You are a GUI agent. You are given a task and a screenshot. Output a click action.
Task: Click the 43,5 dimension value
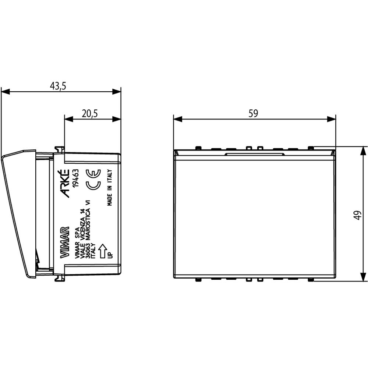pyautogui.click(x=58, y=86)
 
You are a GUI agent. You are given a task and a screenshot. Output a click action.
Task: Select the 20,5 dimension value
pyautogui.click(x=90, y=113)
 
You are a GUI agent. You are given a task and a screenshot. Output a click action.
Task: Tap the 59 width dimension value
pyautogui.click(x=253, y=113)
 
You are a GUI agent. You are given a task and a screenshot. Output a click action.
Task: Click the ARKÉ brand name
pyautogui.click(x=65, y=183)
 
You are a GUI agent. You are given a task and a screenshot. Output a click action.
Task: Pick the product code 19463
pyautogui.click(x=75, y=178)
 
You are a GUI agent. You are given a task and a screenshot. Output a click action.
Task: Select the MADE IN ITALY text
pyautogui.click(x=110, y=188)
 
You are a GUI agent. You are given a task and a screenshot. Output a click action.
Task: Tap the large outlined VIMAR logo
pyautogui.click(x=65, y=242)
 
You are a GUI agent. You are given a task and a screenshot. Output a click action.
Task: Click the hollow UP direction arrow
pyautogui.click(x=102, y=251)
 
